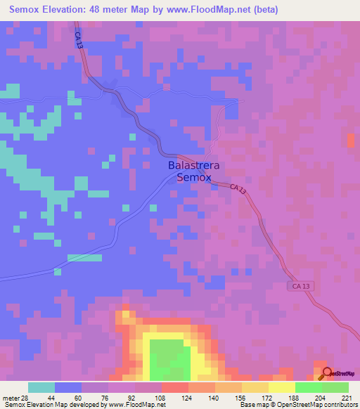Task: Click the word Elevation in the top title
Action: (64, 10)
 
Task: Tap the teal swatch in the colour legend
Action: (41, 387)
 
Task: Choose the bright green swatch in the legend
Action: (308, 387)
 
